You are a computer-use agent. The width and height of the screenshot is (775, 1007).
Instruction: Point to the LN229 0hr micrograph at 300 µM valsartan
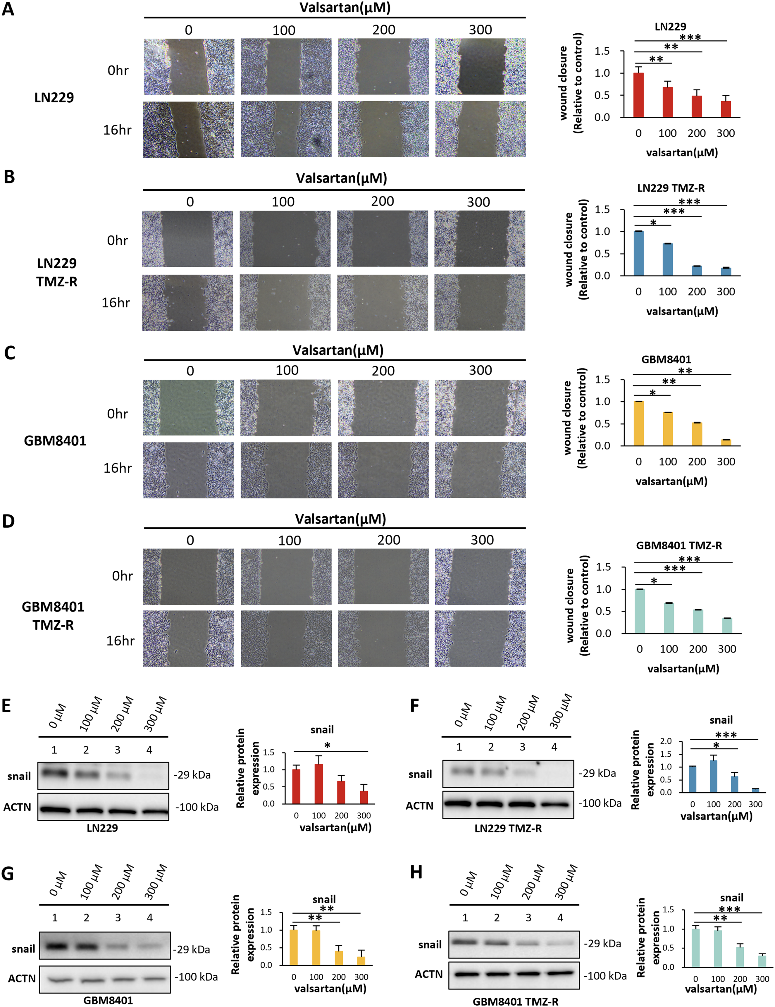coord(480,67)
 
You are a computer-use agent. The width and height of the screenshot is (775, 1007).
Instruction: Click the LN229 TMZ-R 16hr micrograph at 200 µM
coord(383,302)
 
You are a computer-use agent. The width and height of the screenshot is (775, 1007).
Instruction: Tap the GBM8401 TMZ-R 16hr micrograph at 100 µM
coord(286,638)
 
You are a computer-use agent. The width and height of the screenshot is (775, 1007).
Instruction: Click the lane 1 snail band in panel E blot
coord(54,773)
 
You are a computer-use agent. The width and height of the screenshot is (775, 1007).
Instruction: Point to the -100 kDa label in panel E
coord(197,807)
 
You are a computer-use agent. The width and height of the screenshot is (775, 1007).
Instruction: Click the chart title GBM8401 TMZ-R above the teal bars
coord(679,545)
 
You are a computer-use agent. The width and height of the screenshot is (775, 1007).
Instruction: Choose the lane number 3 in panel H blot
coord(528,918)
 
